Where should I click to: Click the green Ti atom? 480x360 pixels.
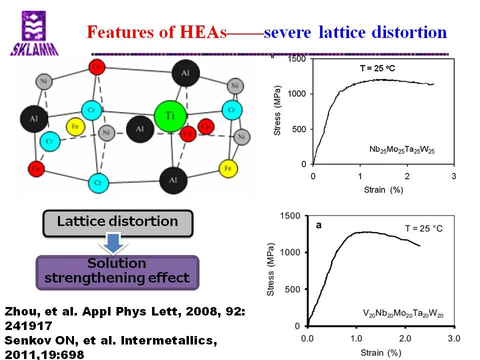coord(170,115)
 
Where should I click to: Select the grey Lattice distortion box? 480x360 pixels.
coord(117,222)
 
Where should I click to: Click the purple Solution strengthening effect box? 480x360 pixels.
coord(117,271)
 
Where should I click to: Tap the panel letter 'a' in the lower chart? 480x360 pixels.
coord(318,225)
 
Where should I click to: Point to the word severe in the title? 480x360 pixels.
coord(288,32)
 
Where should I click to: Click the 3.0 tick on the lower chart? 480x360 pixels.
coord(453,338)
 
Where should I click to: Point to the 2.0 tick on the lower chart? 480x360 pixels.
coord(404,338)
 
